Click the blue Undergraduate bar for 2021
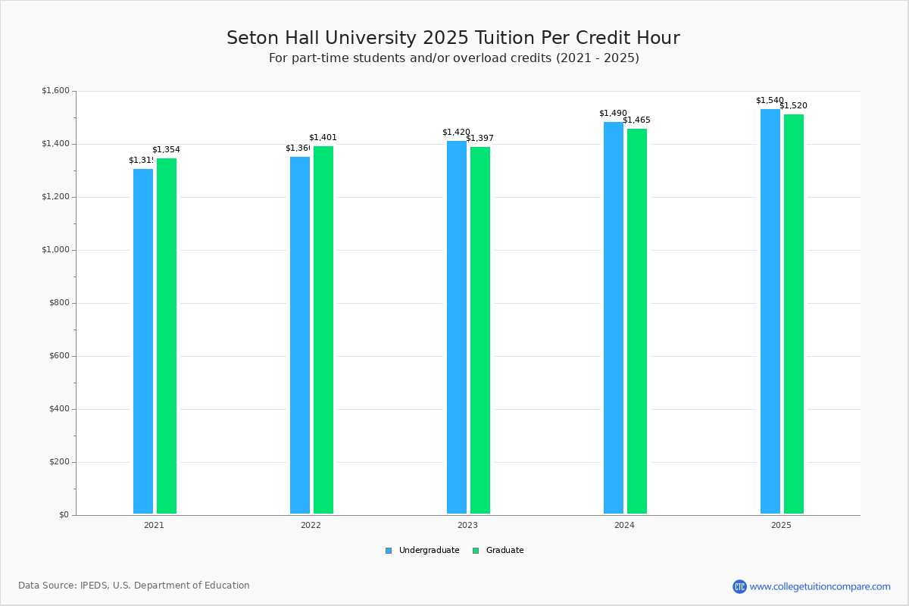coord(143,341)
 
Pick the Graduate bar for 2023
coord(480,330)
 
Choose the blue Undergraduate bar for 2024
coord(614,317)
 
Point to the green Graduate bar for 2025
coord(794,314)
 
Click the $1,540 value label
coord(770,101)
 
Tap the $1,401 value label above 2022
coord(323,138)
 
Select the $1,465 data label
coord(636,120)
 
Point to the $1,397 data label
coord(479,139)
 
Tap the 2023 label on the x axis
coord(467,525)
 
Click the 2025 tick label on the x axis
coord(781,525)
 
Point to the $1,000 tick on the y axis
coord(55,250)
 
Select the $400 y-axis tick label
coord(58,409)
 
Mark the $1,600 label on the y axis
coord(55,91)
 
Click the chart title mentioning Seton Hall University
coord(453,38)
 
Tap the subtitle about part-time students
coord(454,58)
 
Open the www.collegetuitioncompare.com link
coord(820,586)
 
